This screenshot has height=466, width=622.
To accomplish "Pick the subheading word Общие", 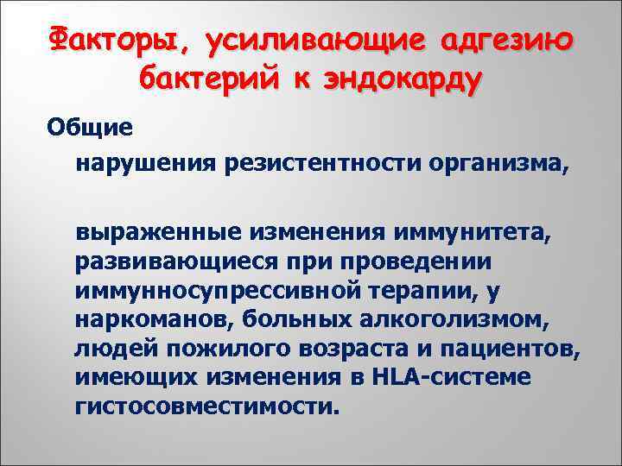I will [89, 126].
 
